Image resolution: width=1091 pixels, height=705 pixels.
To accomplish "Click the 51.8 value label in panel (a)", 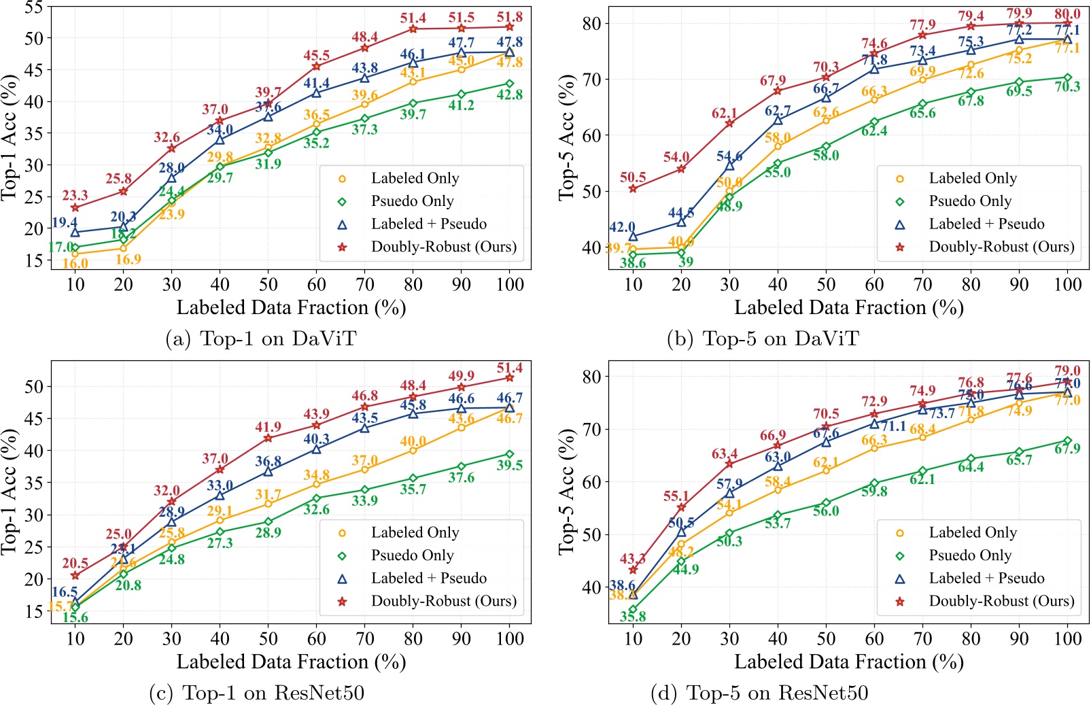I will click(x=510, y=18).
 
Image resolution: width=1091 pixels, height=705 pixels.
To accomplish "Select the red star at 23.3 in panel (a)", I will click(x=75, y=207).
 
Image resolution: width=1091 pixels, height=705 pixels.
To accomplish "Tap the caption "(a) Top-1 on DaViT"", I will click(x=261, y=339).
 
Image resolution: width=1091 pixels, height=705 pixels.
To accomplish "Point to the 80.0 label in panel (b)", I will click(x=1067, y=14).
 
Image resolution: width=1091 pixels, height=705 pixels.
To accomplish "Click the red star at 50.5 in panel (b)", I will click(x=633, y=188).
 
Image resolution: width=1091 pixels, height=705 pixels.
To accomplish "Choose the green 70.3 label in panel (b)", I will click(x=1067, y=87).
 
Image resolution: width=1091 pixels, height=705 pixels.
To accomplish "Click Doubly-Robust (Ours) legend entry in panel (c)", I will click(x=443, y=601).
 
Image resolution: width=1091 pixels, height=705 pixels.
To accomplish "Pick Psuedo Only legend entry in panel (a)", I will click(x=412, y=201).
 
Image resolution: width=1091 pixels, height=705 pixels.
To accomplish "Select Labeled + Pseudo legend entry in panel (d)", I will click(x=986, y=579).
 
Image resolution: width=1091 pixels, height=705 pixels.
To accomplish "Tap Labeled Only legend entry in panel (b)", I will click(x=973, y=178).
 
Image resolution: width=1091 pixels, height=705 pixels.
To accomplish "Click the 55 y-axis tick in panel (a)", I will click(x=34, y=8).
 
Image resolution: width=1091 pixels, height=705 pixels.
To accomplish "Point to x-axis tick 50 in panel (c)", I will click(x=268, y=638).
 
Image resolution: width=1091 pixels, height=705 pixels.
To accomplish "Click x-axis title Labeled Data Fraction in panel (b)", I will click(x=848, y=308).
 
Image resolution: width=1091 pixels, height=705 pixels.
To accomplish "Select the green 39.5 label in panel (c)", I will click(x=510, y=465).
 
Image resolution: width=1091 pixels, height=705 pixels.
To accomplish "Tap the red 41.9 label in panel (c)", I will click(x=268, y=427).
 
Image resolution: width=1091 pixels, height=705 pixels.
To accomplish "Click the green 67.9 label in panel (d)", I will click(x=1067, y=449).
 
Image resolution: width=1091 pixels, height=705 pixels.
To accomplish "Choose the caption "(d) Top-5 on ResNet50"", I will click(x=759, y=693).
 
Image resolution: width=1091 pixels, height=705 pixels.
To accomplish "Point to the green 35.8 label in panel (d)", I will click(x=633, y=617).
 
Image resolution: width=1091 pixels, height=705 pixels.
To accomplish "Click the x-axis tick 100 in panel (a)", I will click(x=510, y=284).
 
